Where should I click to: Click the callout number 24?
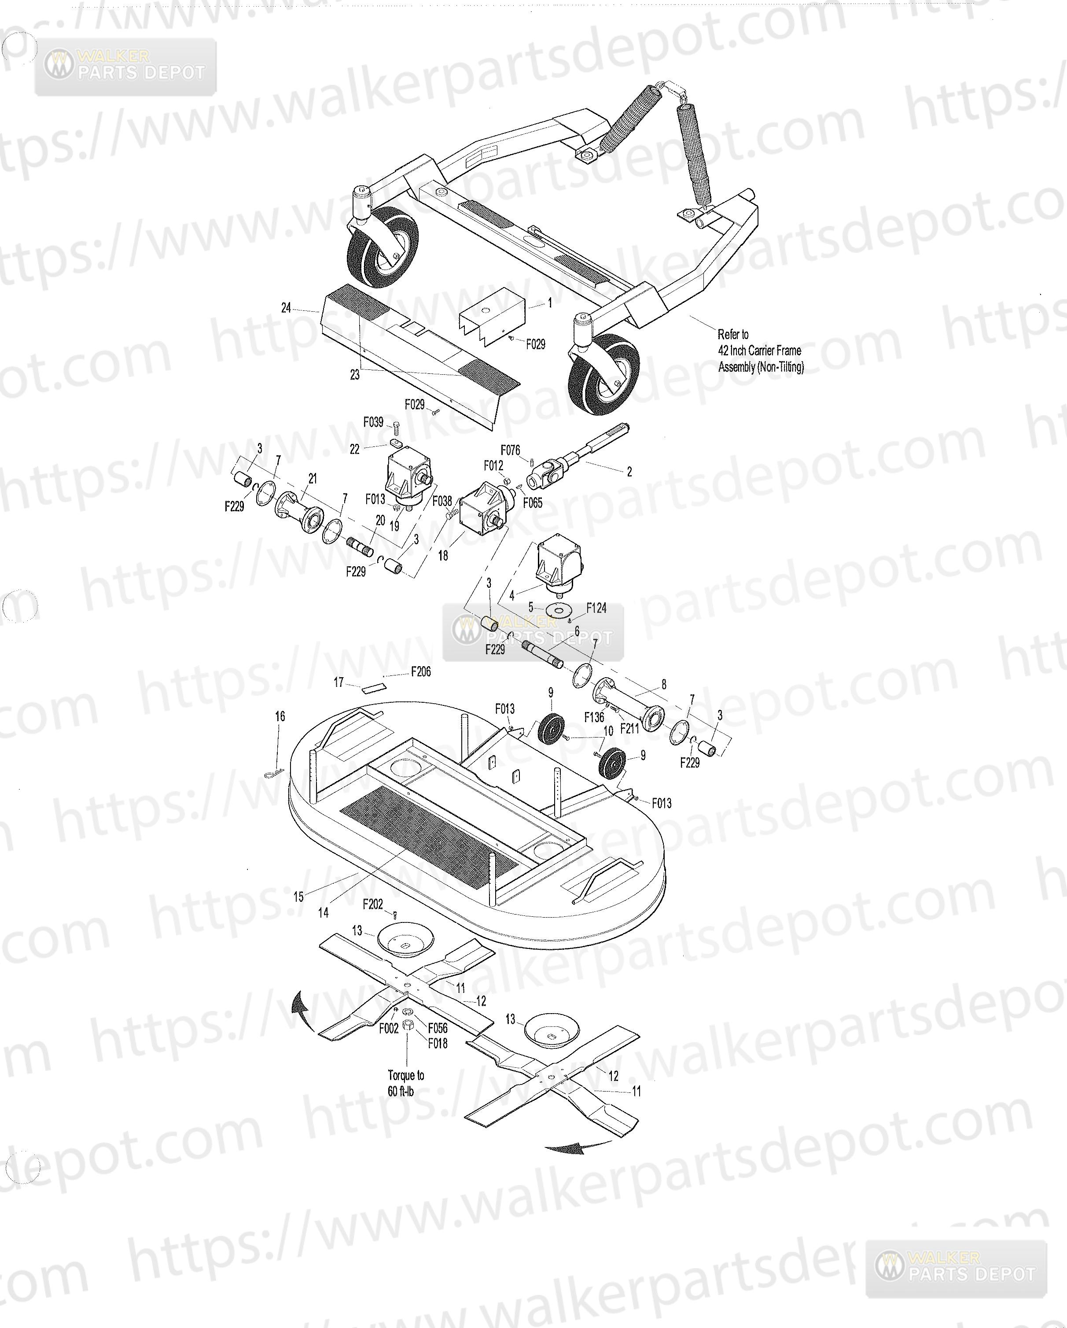tap(286, 308)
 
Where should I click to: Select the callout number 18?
tap(443, 556)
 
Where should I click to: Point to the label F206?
tap(421, 671)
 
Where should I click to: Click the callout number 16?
tap(280, 716)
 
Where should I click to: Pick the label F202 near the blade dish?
tap(373, 904)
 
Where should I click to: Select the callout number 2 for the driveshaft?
tap(629, 472)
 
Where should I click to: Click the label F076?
tap(511, 450)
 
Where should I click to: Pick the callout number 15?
tap(298, 897)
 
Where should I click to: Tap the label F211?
tap(630, 729)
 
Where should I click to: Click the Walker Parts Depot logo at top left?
tap(125, 66)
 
